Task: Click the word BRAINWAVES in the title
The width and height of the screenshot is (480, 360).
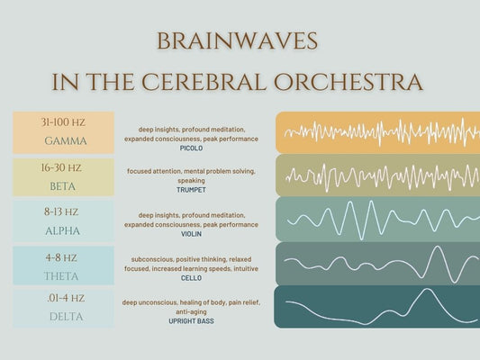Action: pyautogui.click(x=237, y=42)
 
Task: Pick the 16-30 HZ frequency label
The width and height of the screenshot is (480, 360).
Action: pyautogui.click(x=61, y=167)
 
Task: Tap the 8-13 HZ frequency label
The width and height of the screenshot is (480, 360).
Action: pyautogui.click(x=61, y=212)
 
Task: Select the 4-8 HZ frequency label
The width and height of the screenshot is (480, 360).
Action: pyautogui.click(x=61, y=256)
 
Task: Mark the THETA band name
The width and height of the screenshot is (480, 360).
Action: pyautogui.click(x=61, y=275)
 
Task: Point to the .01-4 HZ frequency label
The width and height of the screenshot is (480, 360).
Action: pyautogui.click(x=64, y=298)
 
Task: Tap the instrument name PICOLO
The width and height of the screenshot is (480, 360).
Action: pyautogui.click(x=191, y=148)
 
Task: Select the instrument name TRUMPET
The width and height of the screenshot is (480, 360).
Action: pyautogui.click(x=191, y=190)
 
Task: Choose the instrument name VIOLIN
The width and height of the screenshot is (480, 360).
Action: pyautogui.click(x=191, y=234)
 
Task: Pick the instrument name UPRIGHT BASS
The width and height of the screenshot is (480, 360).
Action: pyautogui.click(x=191, y=320)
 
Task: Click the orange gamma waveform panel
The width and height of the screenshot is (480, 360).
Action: pyautogui.click(x=376, y=131)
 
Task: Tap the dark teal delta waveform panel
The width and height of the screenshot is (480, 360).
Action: pyautogui.click(x=376, y=307)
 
